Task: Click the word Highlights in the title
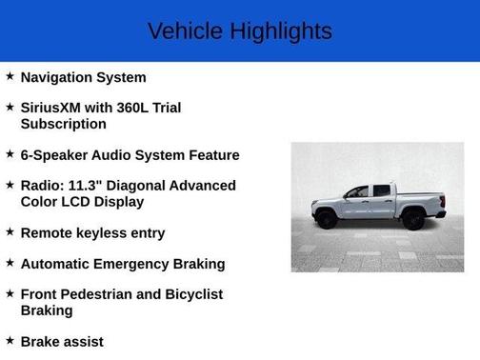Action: (x=279, y=31)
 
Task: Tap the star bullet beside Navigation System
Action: (x=10, y=76)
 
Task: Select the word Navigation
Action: (x=58, y=77)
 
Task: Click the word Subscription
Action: (x=63, y=124)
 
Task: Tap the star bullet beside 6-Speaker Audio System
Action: (x=10, y=153)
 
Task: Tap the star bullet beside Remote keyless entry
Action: (x=10, y=231)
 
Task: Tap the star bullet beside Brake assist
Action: (x=10, y=340)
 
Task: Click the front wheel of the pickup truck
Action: (x=327, y=219)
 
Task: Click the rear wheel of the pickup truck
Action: (x=412, y=219)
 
